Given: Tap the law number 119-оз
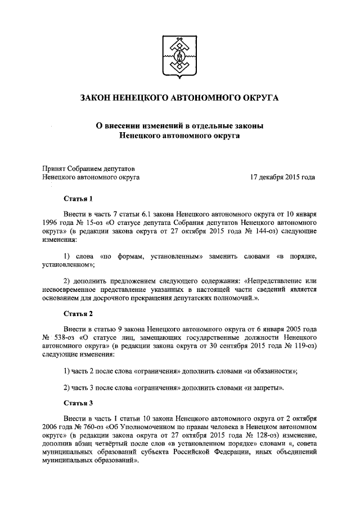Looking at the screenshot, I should (x=304, y=345).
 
